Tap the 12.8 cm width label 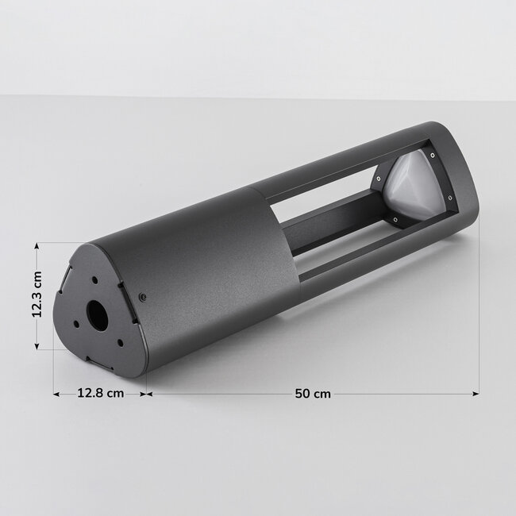point(100,393)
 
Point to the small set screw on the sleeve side point(142,297)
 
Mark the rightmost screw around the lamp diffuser point(450,197)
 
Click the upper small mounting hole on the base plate point(94,280)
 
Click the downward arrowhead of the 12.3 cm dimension point(37,345)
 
